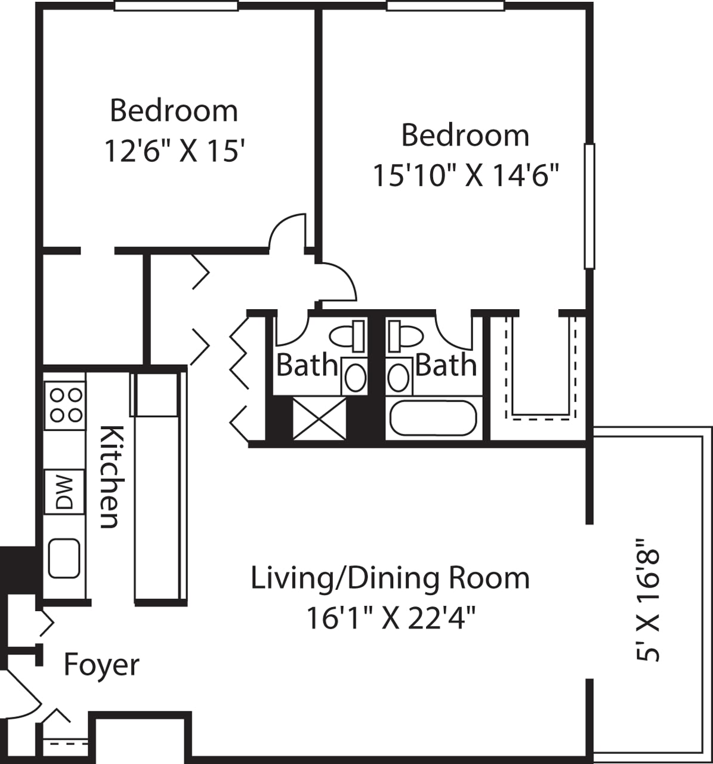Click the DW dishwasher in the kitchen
(x=64, y=491)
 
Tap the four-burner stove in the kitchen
(x=64, y=405)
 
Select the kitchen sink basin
(x=64, y=558)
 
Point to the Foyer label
(x=101, y=665)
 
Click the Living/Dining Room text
(x=390, y=578)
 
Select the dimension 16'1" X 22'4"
(x=391, y=618)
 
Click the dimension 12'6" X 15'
(x=175, y=150)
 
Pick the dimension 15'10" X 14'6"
(x=465, y=175)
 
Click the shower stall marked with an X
(x=319, y=419)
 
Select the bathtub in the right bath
(x=433, y=418)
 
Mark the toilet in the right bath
(x=405, y=336)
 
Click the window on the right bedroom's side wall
(x=589, y=206)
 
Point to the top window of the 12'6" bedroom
(x=176, y=6)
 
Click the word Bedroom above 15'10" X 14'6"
(x=465, y=135)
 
